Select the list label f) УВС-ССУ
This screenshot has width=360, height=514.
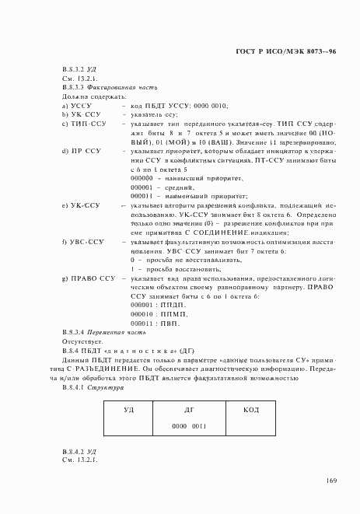pos(83,242)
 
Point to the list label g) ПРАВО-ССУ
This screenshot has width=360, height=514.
pos(89,278)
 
